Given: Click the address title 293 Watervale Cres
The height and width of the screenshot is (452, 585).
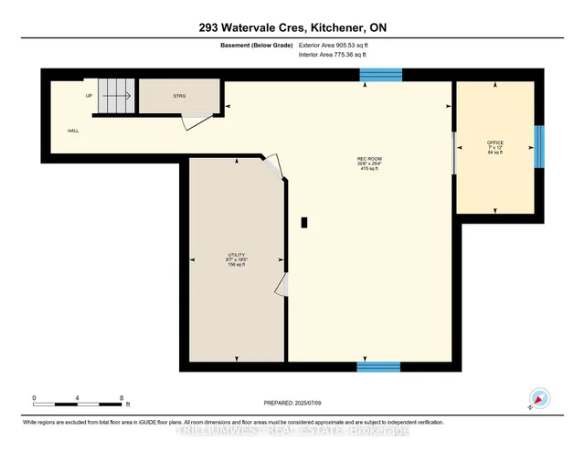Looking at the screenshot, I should click(x=292, y=27).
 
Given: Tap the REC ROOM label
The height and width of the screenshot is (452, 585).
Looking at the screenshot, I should click(x=368, y=160).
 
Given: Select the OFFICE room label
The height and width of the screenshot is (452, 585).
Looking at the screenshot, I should click(x=495, y=143).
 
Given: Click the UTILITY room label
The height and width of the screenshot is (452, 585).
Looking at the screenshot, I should click(x=237, y=255).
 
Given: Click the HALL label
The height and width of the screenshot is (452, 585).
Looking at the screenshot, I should click(x=72, y=131).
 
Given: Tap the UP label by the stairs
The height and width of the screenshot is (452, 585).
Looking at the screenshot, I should click(x=89, y=95).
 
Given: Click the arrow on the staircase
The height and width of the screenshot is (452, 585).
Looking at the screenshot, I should click(x=115, y=93).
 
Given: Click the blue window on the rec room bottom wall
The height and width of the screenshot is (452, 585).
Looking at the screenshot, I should click(x=378, y=367).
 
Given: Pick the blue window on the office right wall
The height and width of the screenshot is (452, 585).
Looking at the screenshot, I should click(x=538, y=147).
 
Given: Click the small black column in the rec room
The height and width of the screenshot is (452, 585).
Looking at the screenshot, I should click(x=305, y=221).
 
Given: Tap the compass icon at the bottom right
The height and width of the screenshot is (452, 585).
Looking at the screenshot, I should click(x=538, y=399).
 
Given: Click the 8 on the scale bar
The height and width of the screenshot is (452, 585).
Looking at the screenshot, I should click(x=122, y=398).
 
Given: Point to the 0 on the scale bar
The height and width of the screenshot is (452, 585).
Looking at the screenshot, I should click(x=35, y=398).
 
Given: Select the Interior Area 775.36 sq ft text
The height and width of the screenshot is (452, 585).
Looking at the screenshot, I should click(x=335, y=55).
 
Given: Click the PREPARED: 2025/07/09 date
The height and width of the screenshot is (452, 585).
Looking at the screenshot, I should click(x=292, y=403).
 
